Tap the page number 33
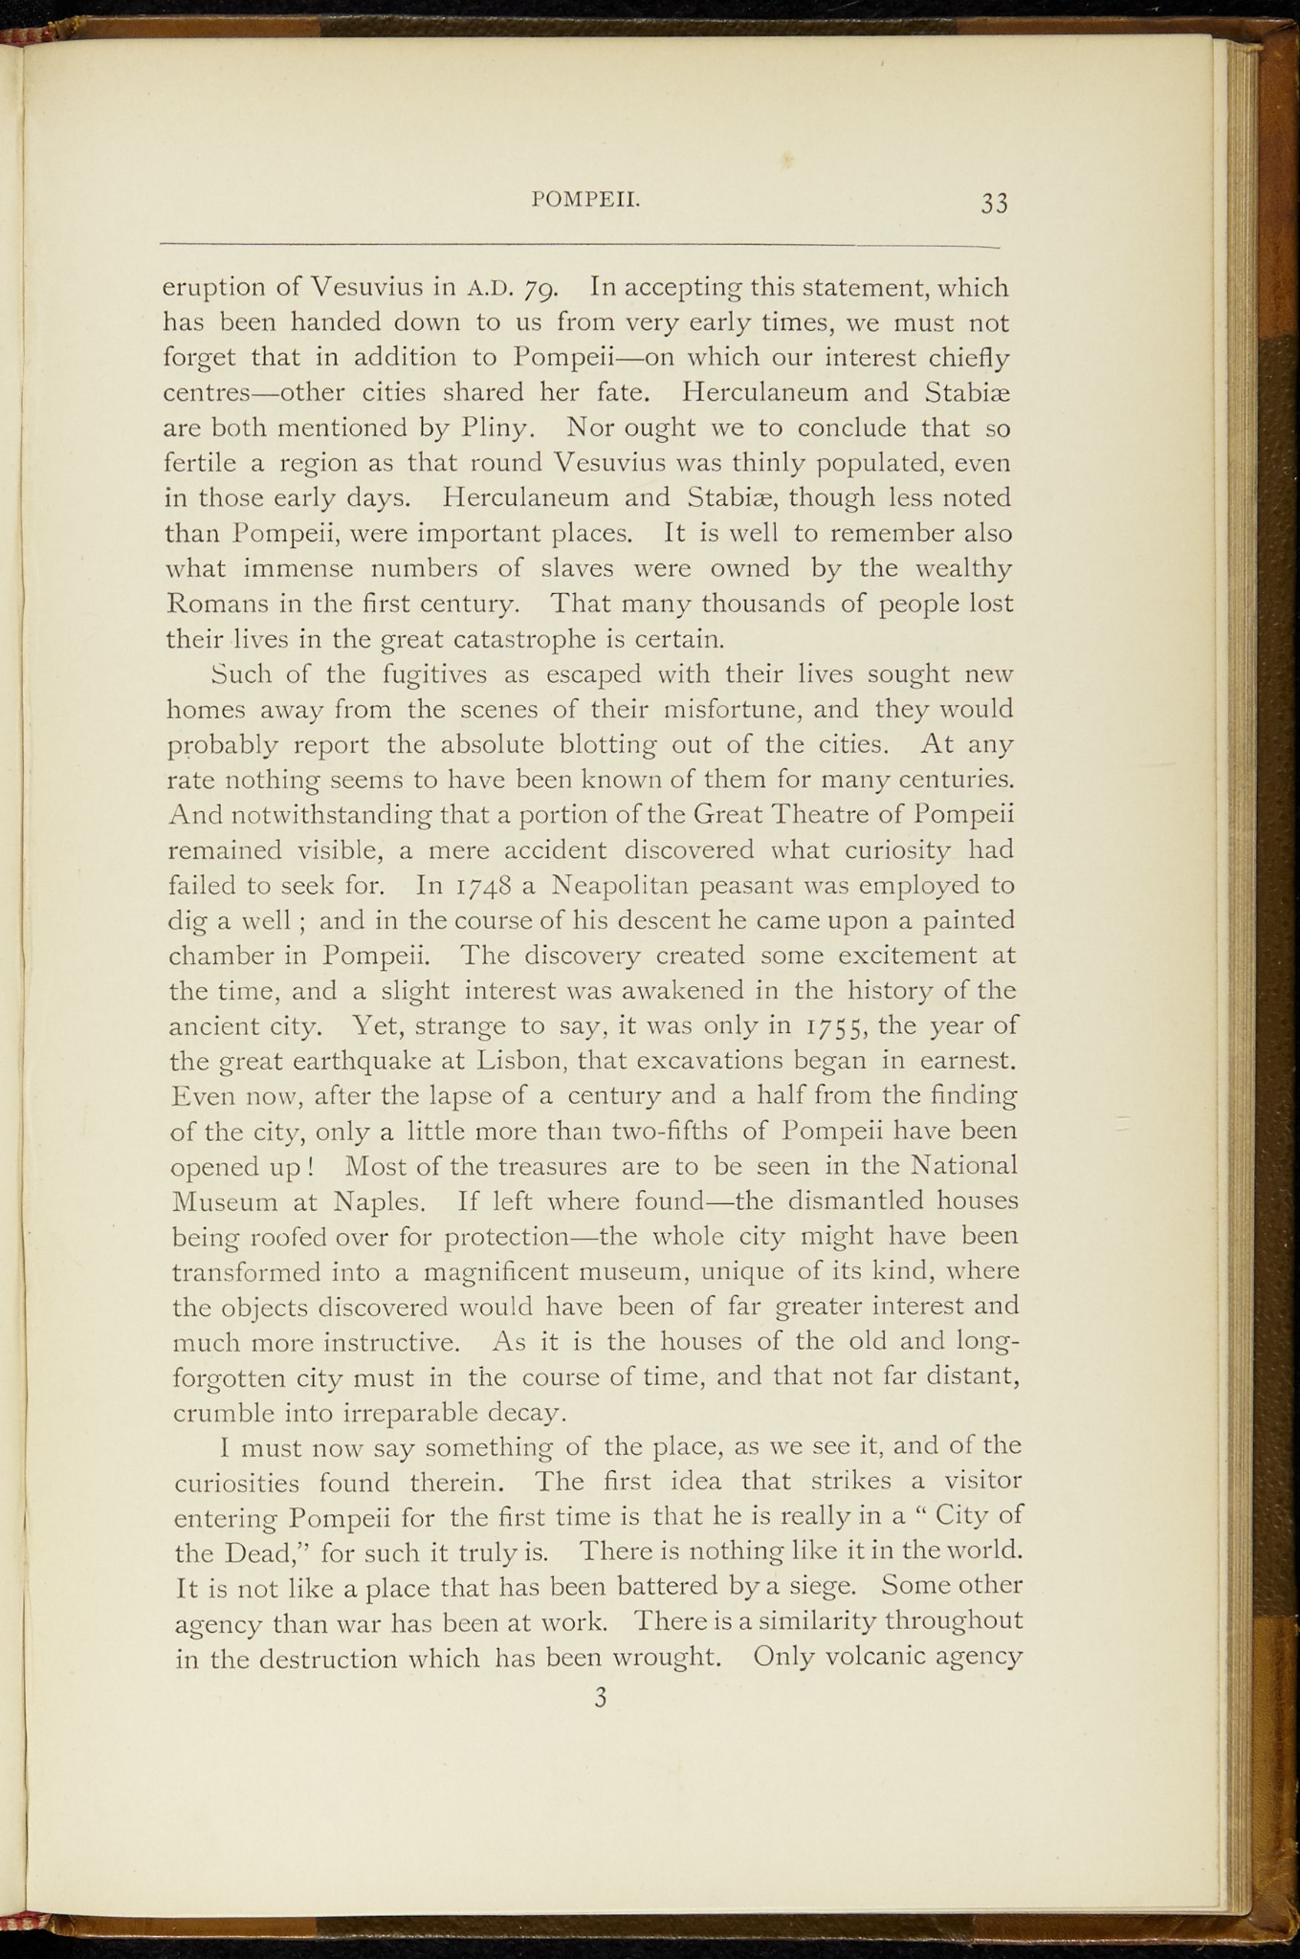tap(994, 203)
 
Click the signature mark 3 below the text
tap(601, 1698)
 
